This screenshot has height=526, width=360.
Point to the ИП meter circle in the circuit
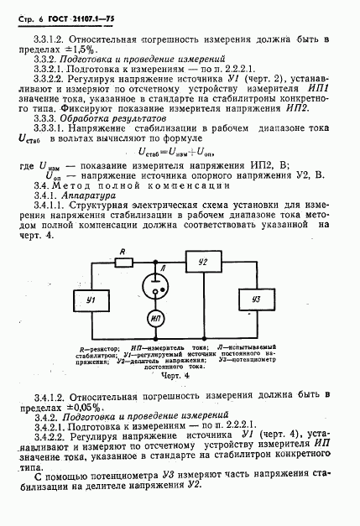[155, 320]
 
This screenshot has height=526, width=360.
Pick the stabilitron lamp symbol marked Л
[155, 286]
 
